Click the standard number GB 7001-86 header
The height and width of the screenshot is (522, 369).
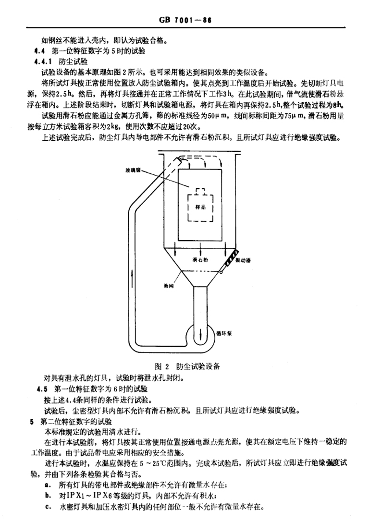tap(184, 21)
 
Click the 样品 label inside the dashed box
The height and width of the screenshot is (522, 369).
tap(200, 207)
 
